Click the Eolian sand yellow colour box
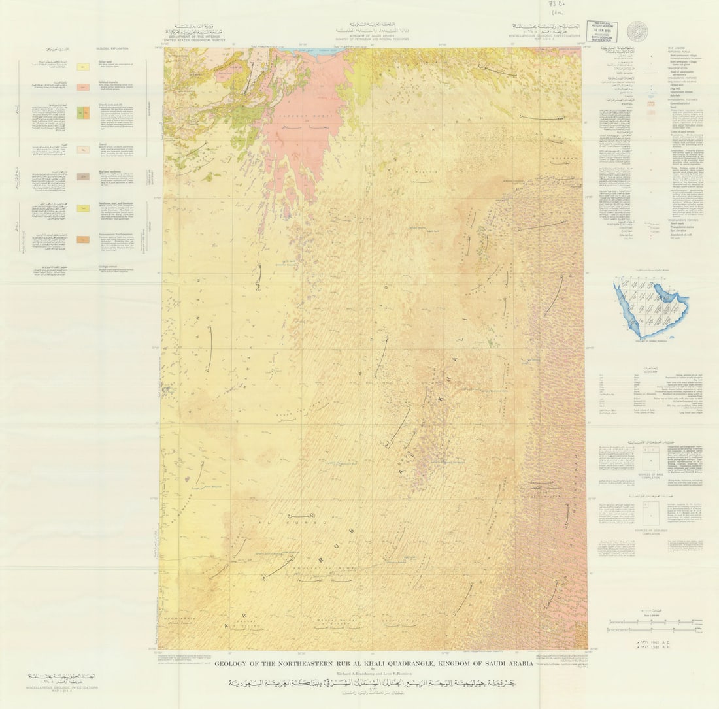tap(83, 67)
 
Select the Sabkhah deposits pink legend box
tap(83, 87)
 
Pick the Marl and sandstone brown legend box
tap(83, 176)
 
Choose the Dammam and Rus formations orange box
tap(83, 239)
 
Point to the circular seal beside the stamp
tap(635, 30)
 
